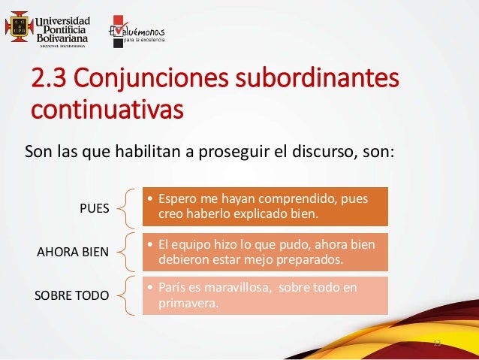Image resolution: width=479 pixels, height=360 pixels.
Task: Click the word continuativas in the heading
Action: (x=106, y=110)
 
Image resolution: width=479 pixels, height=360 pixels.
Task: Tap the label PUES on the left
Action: (x=94, y=208)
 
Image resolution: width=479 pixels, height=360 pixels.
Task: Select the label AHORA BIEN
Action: (x=73, y=252)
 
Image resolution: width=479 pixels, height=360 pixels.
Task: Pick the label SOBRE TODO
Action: (x=72, y=295)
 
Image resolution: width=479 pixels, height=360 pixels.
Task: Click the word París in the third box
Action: (x=172, y=288)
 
